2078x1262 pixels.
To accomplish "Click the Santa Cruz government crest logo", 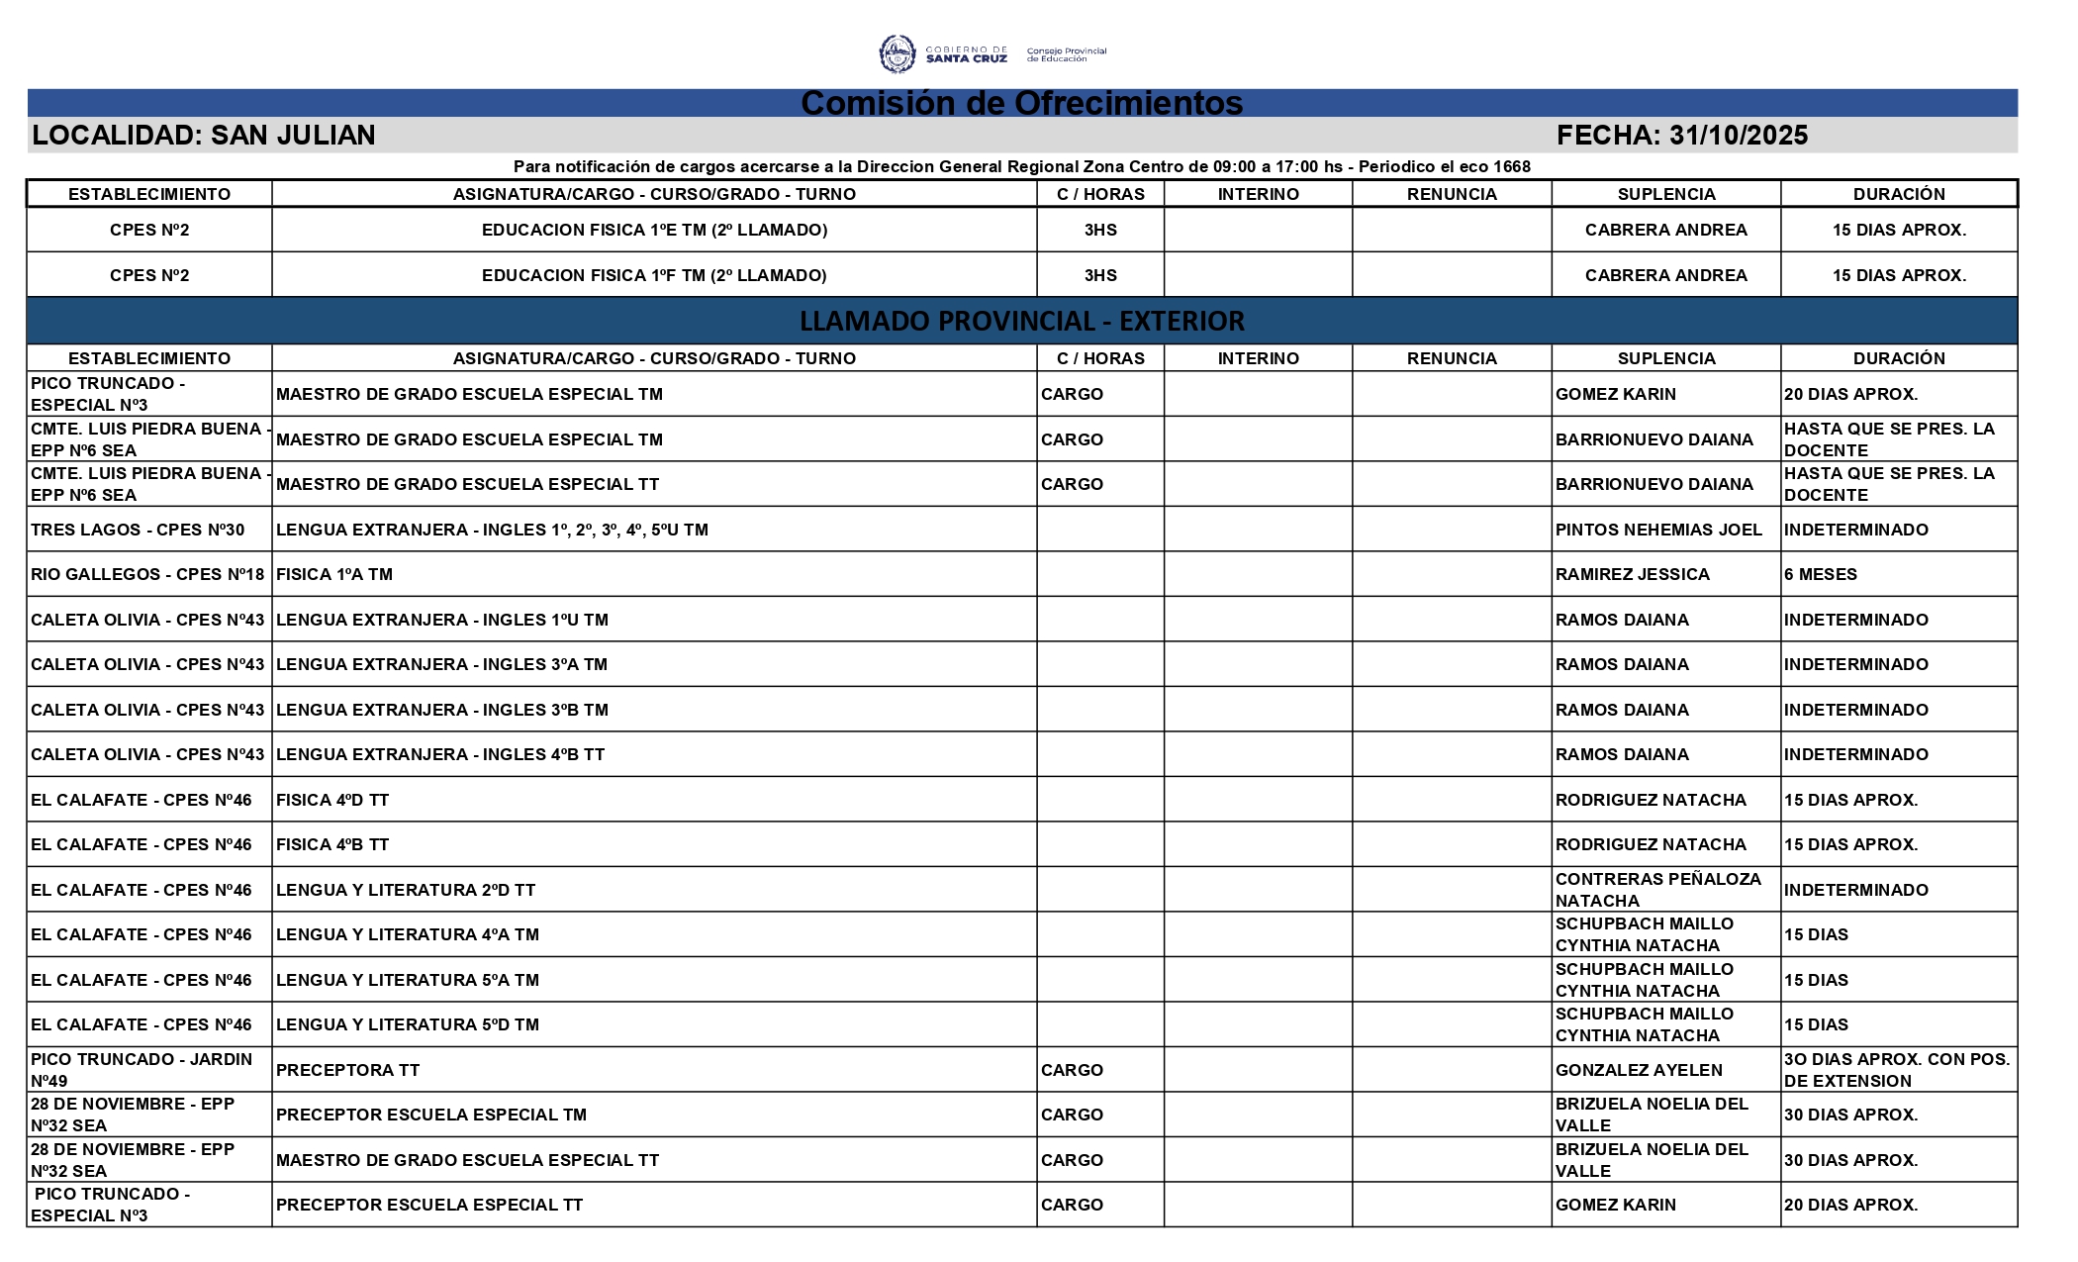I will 897,53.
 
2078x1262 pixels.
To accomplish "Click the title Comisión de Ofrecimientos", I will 1021,103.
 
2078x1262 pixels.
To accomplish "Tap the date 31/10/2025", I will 1738,136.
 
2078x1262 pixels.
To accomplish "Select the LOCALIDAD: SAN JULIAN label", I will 204,136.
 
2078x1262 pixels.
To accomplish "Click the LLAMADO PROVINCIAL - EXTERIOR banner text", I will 1021,321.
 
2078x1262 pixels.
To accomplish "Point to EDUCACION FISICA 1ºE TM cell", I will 654,230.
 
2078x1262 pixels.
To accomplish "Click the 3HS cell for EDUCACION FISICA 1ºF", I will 1100,275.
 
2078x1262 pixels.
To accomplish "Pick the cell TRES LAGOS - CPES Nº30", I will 138,530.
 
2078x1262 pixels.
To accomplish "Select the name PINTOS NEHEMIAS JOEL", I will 1658,530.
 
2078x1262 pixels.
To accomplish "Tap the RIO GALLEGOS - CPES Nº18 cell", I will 147,574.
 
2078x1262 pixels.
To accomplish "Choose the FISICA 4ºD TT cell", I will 332,800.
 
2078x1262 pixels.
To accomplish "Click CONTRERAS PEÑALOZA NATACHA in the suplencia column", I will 1658,890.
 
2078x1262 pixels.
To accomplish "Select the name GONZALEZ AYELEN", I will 1639,1070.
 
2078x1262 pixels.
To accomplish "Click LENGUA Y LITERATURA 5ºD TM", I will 408,1024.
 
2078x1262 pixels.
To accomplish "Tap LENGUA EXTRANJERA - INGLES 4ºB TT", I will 440,754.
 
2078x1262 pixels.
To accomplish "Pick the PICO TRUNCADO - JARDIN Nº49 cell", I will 142,1070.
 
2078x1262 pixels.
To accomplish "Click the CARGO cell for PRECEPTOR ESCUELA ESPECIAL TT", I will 1072,1205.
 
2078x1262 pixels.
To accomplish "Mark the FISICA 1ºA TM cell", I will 334,574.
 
